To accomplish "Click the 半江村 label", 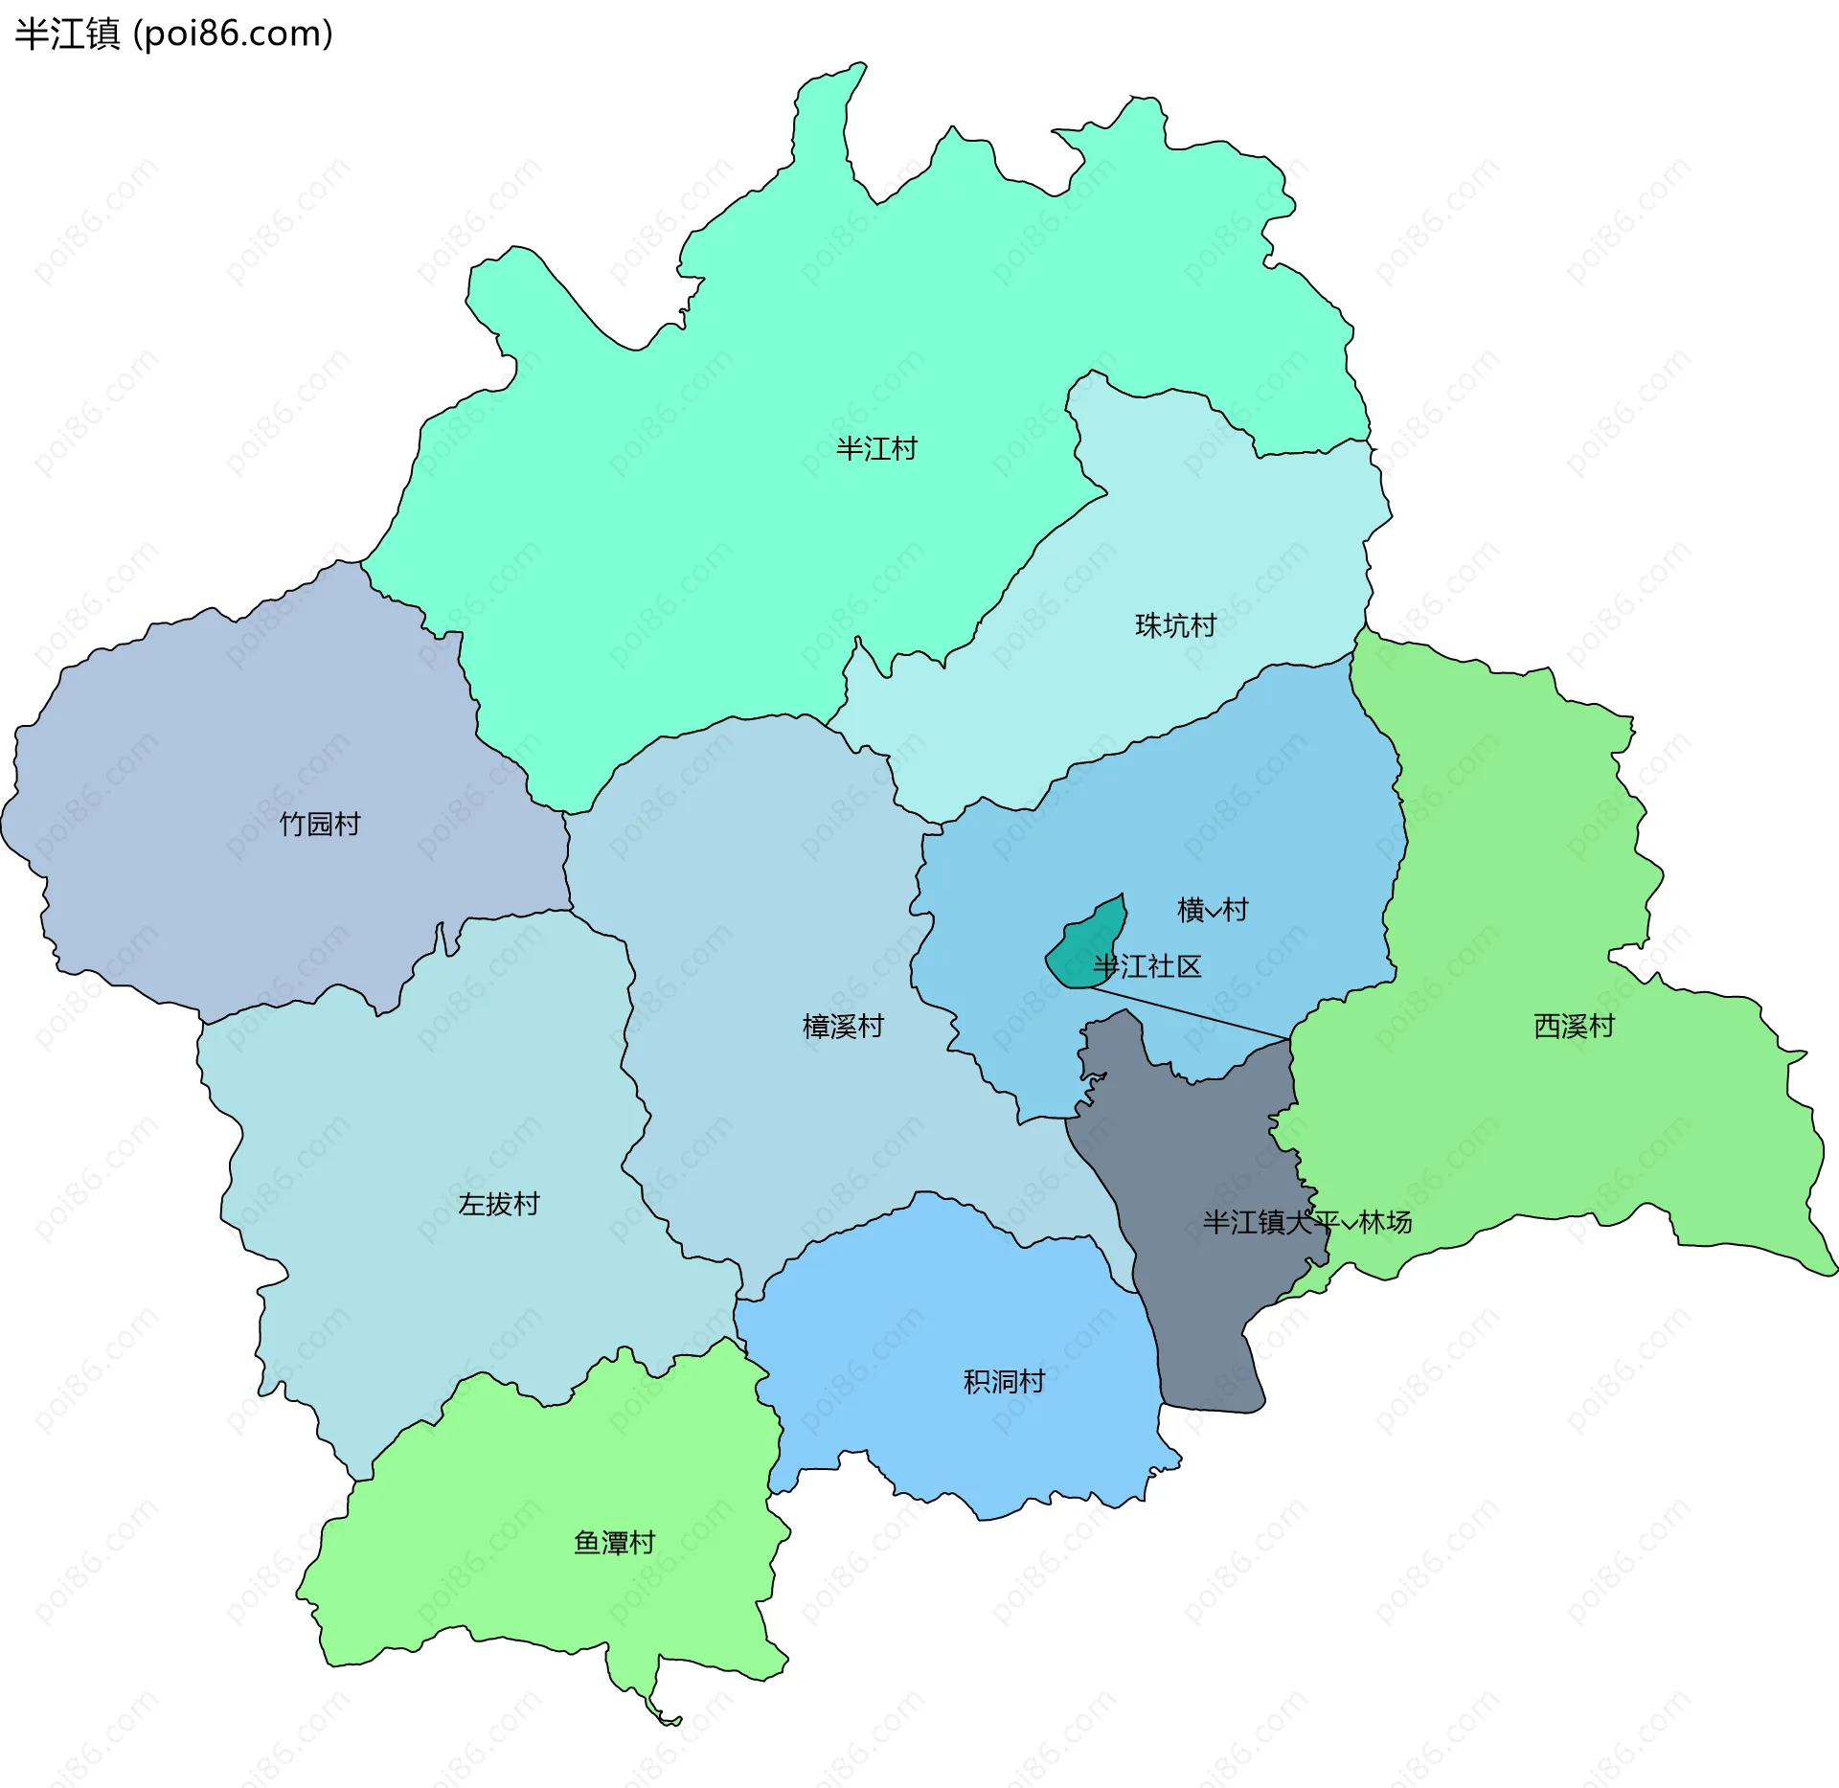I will coord(876,449).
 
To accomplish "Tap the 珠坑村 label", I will coord(1175,625).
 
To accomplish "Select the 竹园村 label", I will coord(320,824).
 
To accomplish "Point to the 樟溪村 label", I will coord(843,1027).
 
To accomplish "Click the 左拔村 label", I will coord(499,1204).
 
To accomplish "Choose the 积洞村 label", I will coord(1004,1382).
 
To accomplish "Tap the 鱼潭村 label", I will coord(614,1543).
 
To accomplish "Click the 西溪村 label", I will coord(1574,1027).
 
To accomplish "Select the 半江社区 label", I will coord(1147,966).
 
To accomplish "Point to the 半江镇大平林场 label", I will coord(1306,1222).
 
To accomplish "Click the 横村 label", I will coord(1213,909).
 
